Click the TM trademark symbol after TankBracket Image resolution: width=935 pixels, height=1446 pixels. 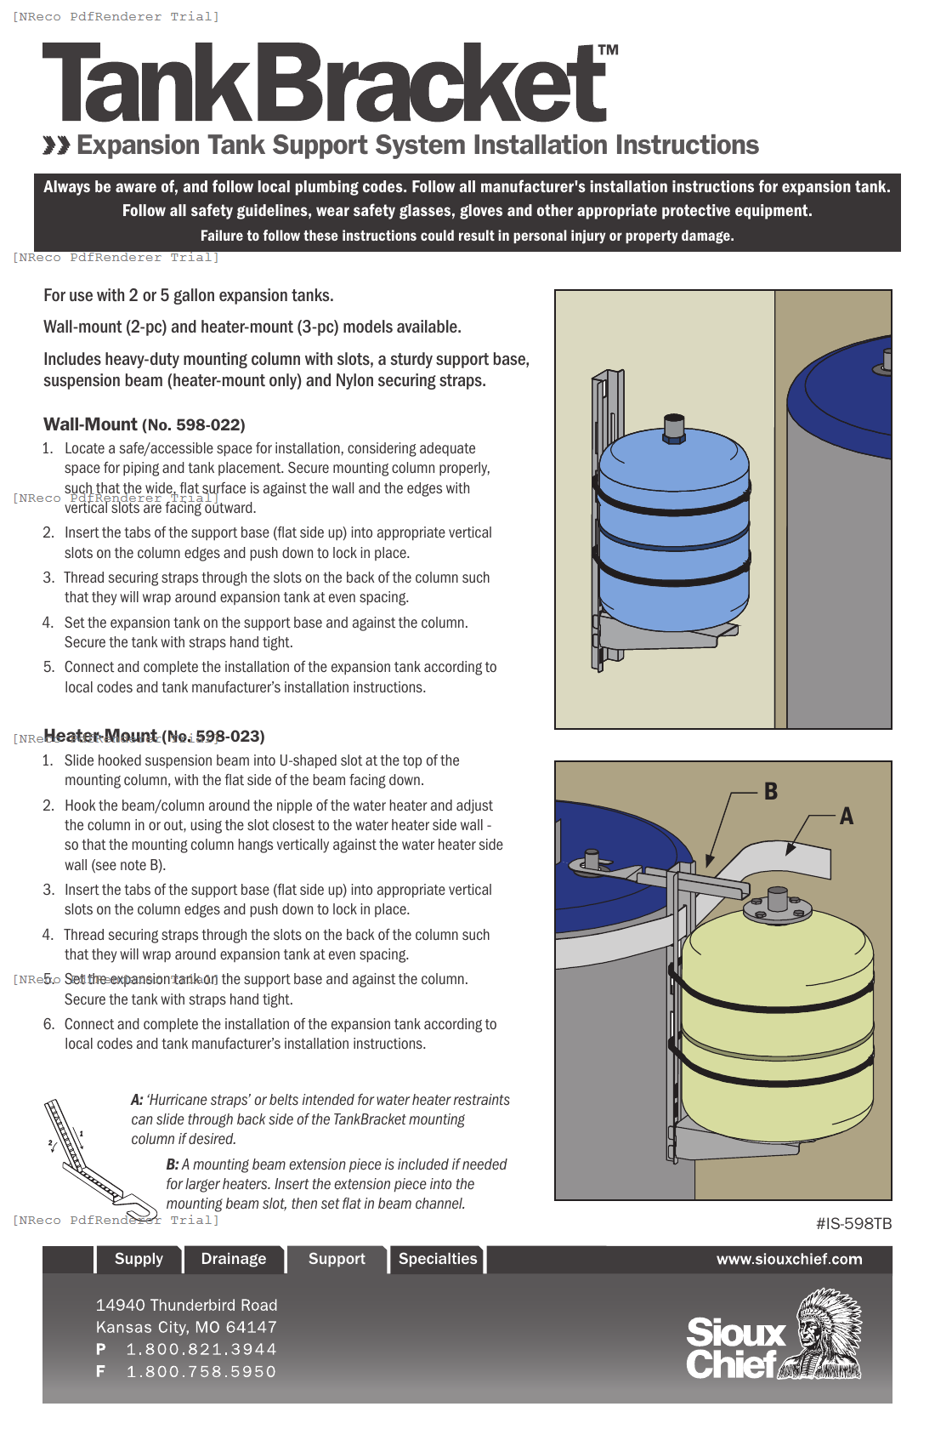point(608,50)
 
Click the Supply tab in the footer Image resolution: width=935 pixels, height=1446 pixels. point(139,1259)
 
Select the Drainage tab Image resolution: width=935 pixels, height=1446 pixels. point(233,1259)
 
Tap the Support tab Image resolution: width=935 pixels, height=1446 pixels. point(337,1259)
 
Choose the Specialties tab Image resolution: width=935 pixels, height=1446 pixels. point(438,1259)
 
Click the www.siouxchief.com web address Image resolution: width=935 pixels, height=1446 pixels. point(789,1260)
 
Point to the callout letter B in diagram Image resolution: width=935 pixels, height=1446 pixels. point(771,791)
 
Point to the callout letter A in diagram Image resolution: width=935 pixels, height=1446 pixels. point(846,817)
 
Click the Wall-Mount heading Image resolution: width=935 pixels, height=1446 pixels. point(90,424)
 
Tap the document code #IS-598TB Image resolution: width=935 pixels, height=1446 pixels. point(853,1224)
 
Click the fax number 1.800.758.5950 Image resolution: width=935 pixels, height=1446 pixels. point(201,1371)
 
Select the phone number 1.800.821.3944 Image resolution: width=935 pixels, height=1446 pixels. point(201,1349)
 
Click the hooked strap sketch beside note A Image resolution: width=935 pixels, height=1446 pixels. point(89,1157)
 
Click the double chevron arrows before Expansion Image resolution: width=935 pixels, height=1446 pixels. point(56,145)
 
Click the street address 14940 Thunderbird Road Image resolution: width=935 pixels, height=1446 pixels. point(186,1305)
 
